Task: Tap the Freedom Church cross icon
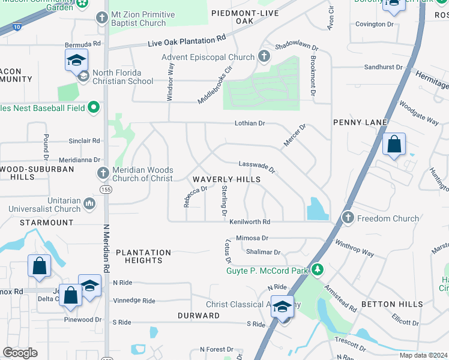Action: [348, 218]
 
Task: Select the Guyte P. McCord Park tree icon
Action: [317, 270]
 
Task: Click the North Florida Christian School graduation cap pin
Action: [77, 61]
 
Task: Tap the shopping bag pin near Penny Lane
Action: [394, 145]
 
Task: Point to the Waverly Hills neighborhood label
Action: [226, 179]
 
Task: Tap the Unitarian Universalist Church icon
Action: [89, 204]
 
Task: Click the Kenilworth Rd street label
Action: [250, 221]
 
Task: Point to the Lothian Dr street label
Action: [249, 123]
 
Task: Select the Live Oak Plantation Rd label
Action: [187, 40]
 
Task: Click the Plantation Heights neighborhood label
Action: [143, 256]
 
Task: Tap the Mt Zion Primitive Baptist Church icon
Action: [101, 19]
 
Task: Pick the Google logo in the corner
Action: [20, 353]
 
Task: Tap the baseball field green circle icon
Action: [94, 107]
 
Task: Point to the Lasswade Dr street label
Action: [256, 166]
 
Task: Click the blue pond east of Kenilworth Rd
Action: [317, 209]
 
